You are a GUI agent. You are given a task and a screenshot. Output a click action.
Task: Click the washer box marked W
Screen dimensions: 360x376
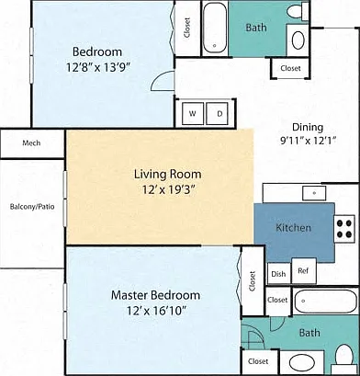pos(193,114)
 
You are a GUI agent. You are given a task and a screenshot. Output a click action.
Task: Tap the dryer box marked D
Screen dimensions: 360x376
pos(217,114)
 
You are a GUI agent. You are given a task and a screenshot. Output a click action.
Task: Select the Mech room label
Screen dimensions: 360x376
pos(31,142)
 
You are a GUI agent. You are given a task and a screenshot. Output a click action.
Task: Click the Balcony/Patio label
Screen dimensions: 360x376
pos(32,207)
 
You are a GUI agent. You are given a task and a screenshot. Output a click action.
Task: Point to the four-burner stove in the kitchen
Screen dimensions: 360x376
pos(344,229)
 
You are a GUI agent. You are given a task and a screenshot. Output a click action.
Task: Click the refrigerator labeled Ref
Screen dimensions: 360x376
pos(303,271)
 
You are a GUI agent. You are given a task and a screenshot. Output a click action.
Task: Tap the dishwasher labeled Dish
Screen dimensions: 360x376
pos(278,274)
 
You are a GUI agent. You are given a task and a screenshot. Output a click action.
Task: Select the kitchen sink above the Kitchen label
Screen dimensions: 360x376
pos(314,193)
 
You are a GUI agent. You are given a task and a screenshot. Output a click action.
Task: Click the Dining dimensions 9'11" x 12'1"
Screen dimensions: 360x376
pos(309,141)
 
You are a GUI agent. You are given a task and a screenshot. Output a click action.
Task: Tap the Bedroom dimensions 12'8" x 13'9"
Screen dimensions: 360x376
pos(98,67)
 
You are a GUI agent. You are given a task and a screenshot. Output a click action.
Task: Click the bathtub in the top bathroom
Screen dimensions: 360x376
pos(215,28)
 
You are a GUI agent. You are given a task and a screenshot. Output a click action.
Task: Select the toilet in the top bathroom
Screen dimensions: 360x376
pos(298,11)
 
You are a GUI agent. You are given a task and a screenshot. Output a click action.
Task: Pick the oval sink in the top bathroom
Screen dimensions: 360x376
pos(298,40)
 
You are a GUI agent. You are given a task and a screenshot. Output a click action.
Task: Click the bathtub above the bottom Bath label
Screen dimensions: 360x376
pos(326,301)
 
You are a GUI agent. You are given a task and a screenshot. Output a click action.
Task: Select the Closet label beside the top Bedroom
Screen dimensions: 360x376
pos(187,28)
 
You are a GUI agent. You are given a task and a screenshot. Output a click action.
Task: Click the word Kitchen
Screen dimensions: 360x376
pos(294,228)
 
